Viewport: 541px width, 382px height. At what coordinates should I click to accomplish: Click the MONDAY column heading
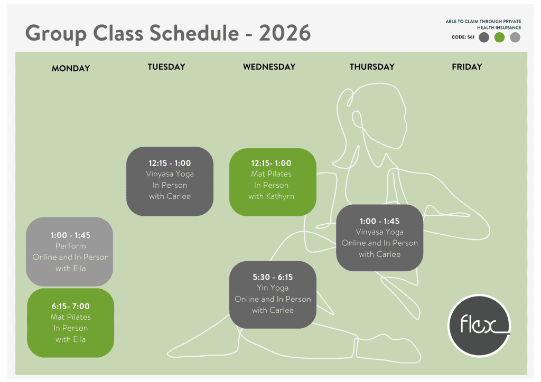click(71, 68)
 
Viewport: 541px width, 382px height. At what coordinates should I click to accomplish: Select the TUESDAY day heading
click(166, 67)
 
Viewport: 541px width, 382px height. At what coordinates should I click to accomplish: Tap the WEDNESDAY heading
click(269, 67)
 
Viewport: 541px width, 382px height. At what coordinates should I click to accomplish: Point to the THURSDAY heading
click(372, 67)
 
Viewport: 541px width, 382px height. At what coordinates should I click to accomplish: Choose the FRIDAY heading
click(467, 67)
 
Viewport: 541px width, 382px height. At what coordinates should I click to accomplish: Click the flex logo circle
click(479, 326)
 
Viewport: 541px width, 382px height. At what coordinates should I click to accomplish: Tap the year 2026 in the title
click(285, 33)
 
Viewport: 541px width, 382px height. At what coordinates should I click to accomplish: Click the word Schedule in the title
click(194, 33)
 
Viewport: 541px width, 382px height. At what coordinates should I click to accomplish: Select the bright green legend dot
click(499, 37)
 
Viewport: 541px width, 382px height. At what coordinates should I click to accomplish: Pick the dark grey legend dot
click(484, 37)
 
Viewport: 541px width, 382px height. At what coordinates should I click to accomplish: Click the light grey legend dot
click(515, 37)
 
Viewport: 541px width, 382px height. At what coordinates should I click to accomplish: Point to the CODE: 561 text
click(463, 37)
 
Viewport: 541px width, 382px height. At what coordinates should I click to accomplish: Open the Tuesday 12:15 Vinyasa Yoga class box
click(170, 182)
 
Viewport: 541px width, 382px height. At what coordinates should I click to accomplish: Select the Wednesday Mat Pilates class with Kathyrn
click(273, 182)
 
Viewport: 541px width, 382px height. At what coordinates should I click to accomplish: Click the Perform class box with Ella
click(69, 252)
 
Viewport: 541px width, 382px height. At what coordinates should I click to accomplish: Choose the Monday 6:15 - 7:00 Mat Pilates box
click(70, 323)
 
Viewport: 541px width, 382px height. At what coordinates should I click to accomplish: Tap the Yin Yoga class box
click(273, 294)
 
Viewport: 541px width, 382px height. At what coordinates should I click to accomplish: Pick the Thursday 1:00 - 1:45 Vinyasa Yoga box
click(379, 237)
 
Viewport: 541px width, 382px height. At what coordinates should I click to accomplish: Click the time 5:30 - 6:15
click(273, 277)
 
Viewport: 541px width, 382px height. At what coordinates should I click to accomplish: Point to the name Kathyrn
click(280, 196)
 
